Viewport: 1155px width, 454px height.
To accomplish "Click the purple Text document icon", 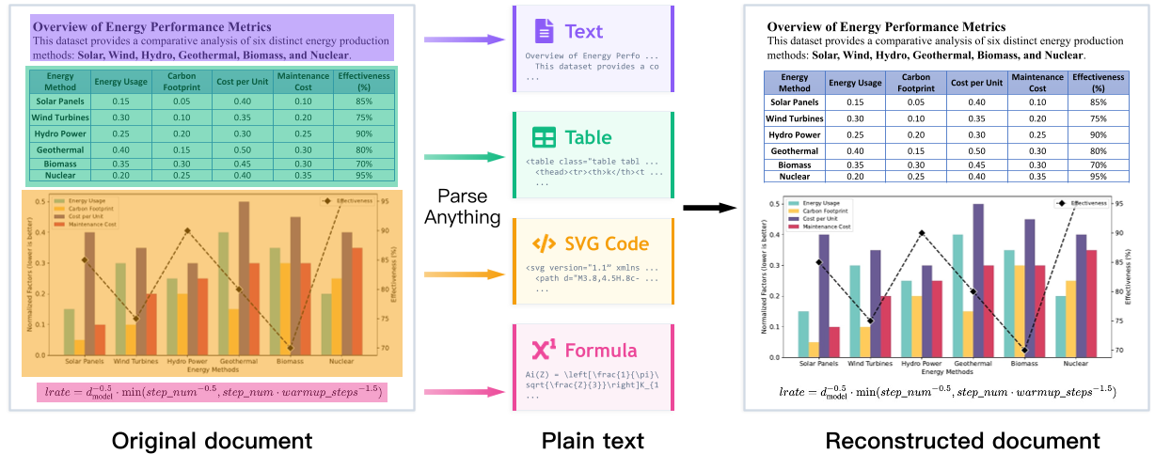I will point(544,32).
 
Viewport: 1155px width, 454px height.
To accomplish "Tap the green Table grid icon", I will point(544,138).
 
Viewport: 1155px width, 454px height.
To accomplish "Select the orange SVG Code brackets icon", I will point(544,244).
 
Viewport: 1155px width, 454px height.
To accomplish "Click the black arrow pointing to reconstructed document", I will point(707,207).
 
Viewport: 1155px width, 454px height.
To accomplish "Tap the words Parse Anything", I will point(467,208).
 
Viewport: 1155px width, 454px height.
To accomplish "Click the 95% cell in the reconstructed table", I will point(1098,176).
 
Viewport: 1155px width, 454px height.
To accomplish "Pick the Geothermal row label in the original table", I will point(60,149).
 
